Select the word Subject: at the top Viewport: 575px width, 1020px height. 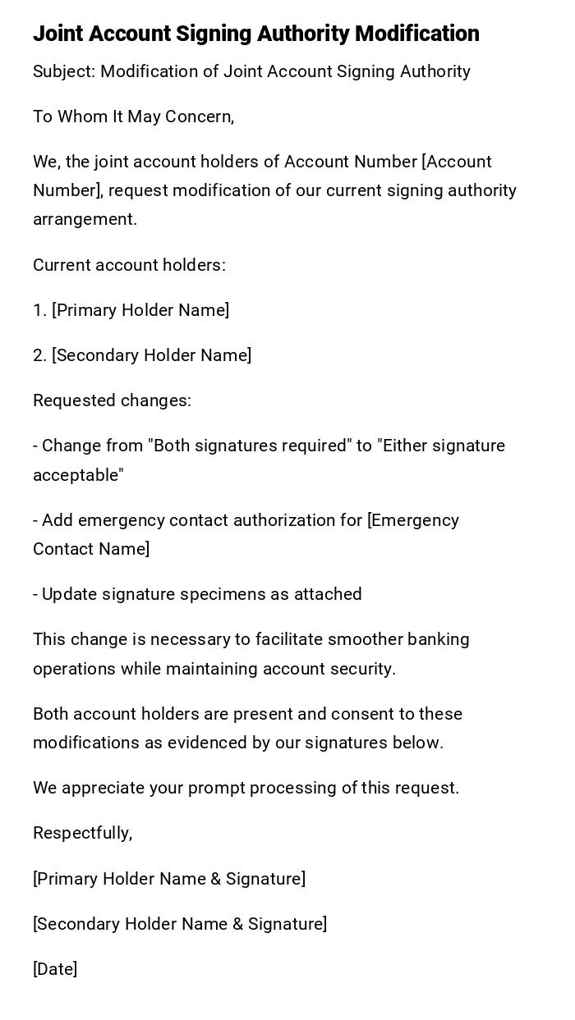pos(64,72)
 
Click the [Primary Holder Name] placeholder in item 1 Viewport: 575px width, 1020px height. pos(140,310)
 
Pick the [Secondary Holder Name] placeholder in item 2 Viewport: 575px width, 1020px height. pos(151,355)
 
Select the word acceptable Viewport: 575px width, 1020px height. pos(78,475)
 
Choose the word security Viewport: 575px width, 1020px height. pos(363,669)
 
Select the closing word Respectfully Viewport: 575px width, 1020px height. pos(82,834)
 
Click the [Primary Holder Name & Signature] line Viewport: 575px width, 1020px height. pos(169,879)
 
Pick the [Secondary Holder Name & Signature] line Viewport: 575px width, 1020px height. pos(180,924)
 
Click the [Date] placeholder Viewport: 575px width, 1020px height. pos(55,969)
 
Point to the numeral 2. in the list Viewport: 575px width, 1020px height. pos(39,355)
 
